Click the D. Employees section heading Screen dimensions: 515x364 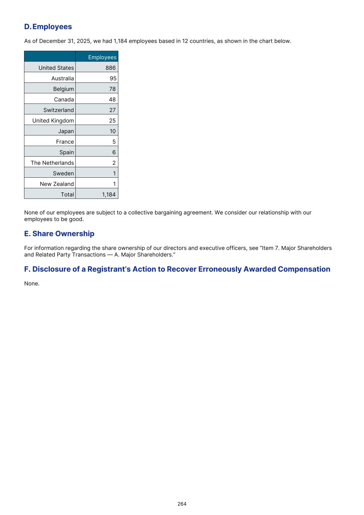coord(48,27)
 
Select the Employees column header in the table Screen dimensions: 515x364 coord(102,57)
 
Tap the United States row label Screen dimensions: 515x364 coord(56,68)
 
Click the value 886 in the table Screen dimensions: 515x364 coord(111,68)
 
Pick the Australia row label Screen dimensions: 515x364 coord(63,78)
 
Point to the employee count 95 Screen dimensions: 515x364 coord(113,78)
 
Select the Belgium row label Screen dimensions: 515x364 coord(63,89)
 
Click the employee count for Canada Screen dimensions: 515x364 coord(113,100)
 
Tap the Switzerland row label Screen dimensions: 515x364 coord(58,110)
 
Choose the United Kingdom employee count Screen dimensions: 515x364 coord(113,121)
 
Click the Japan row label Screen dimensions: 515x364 coord(66,131)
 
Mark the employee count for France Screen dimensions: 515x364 coord(114,142)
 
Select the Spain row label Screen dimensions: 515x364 coord(67,152)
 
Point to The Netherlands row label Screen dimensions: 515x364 coord(52,163)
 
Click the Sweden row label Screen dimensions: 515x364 coord(63,174)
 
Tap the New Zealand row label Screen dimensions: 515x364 coord(57,184)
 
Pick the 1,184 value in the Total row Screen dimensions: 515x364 coord(109,195)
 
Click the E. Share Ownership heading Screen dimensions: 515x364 coord(59,234)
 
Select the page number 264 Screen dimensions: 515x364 coord(182,504)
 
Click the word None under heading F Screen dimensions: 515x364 coord(32,284)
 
